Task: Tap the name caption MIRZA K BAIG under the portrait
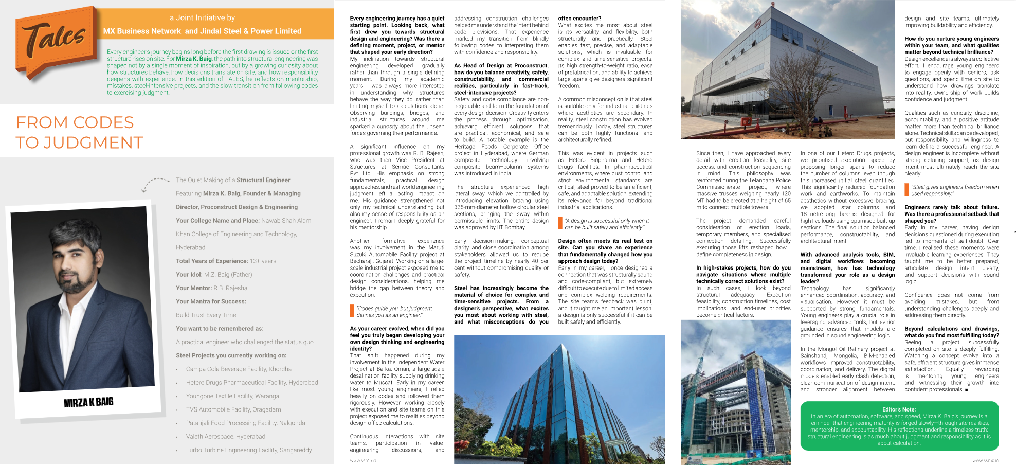coord(88,402)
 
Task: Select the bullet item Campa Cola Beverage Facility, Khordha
coord(239,369)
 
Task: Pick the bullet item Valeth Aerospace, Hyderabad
coord(226,437)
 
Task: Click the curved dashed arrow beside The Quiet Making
coord(154,183)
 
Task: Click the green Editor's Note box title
coord(899,409)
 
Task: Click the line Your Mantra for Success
coord(211,301)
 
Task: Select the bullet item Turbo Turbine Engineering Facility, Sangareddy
coord(249,450)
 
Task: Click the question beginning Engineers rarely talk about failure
coord(951,214)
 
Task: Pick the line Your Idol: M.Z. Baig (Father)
coord(214,274)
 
